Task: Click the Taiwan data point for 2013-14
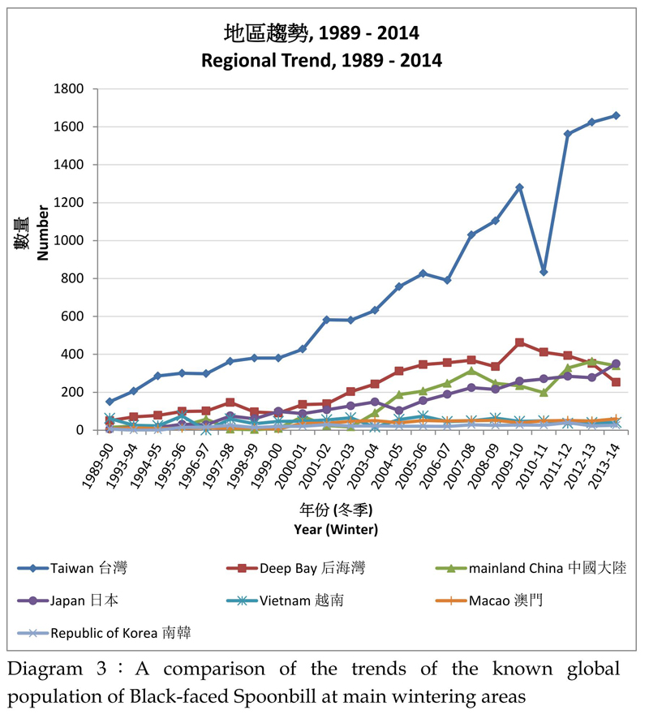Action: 616,115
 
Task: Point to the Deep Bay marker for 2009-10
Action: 519,342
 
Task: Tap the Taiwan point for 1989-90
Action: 110,402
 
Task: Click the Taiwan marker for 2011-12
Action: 568,134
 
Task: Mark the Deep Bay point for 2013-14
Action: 616,382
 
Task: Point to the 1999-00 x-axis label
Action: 269,464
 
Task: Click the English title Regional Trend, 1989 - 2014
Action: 321,60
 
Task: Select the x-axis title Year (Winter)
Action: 337,529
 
